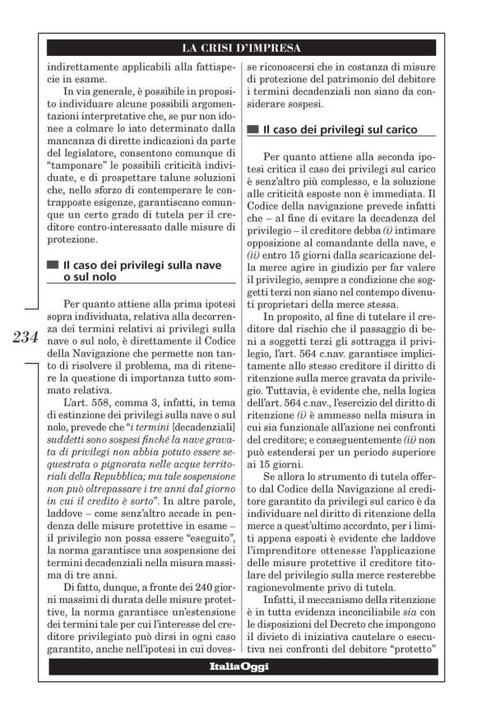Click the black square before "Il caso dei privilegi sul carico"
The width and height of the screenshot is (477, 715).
[252, 130]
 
